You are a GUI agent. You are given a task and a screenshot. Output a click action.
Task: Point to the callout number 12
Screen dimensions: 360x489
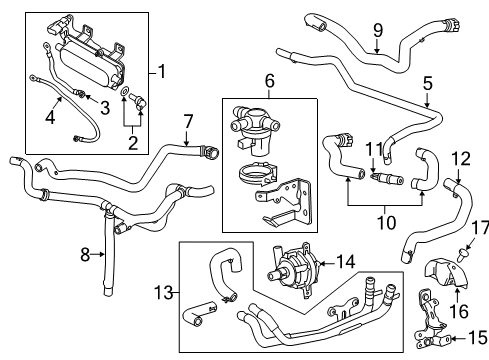point(460,158)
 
